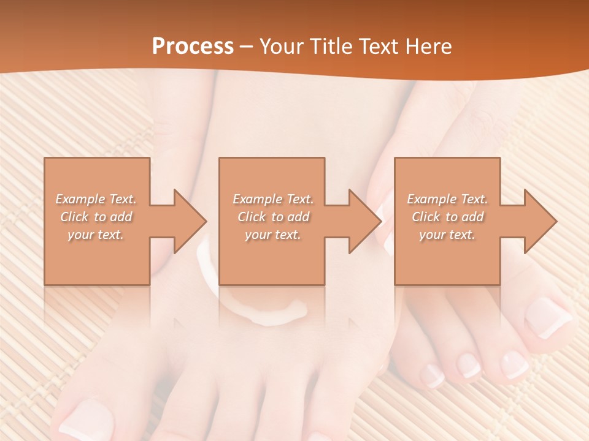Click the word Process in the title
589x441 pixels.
193,47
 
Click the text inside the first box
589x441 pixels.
96,217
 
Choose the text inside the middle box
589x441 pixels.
273,217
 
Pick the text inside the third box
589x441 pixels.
447,217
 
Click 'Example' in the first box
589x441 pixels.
80,199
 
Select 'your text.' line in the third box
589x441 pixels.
447,235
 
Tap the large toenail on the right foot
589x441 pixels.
548,317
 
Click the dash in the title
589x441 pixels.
246,47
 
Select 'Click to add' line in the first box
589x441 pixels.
96,217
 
